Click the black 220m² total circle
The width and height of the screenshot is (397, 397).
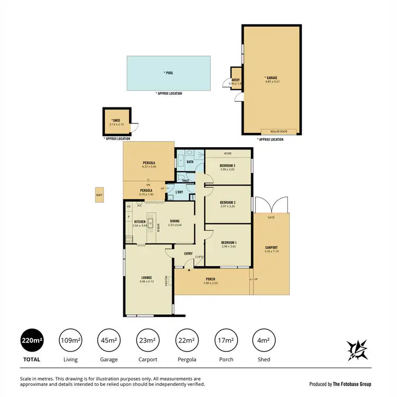tap(30, 340)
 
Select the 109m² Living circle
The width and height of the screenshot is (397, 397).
tap(70, 340)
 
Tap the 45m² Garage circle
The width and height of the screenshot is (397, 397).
tap(108, 340)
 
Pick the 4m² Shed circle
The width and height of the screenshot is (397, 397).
tap(264, 340)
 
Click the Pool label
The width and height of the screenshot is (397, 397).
tap(168, 73)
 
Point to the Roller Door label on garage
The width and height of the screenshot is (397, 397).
tap(278, 131)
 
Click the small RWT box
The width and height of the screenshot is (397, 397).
tap(99, 195)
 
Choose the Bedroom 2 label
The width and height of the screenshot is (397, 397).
tap(228, 202)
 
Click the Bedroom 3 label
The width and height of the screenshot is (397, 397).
tap(228, 166)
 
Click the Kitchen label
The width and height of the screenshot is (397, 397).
tap(140, 222)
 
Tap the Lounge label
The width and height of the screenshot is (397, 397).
tap(147, 277)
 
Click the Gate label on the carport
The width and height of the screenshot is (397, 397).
tap(271, 218)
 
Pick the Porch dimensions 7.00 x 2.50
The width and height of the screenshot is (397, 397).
tap(211, 284)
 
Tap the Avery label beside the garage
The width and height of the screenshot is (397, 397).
tap(235, 80)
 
